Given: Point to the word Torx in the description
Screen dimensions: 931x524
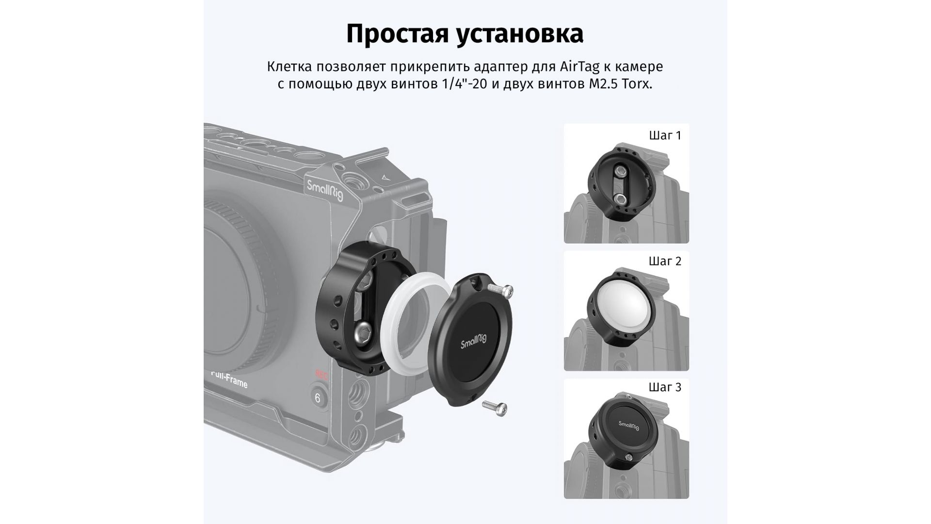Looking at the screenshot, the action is (634, 84).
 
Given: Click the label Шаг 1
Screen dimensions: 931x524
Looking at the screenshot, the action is (665, 135).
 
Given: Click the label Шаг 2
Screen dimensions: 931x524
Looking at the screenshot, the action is (665, 261).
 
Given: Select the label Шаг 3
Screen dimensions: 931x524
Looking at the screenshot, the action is (665, 387).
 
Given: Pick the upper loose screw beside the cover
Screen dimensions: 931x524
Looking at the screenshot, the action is (500, 290).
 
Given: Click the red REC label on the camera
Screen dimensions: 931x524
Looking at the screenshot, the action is (321, 375).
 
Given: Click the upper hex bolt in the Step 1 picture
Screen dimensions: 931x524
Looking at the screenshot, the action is (620, 171).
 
